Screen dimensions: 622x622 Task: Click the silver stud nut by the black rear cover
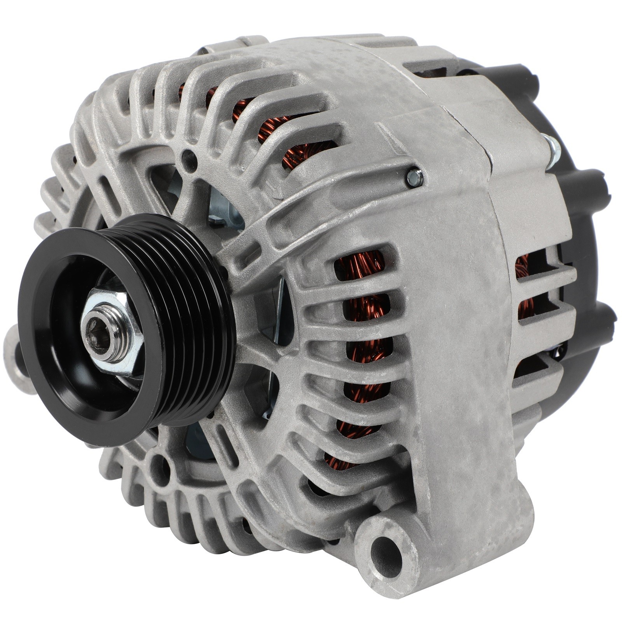552,150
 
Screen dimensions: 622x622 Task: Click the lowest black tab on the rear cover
599,323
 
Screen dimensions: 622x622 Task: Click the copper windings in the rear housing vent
523,284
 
